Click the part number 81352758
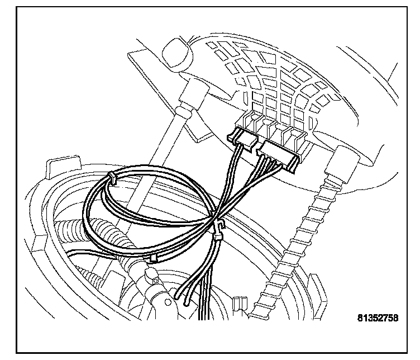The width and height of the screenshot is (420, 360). click(x=378, y=319)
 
